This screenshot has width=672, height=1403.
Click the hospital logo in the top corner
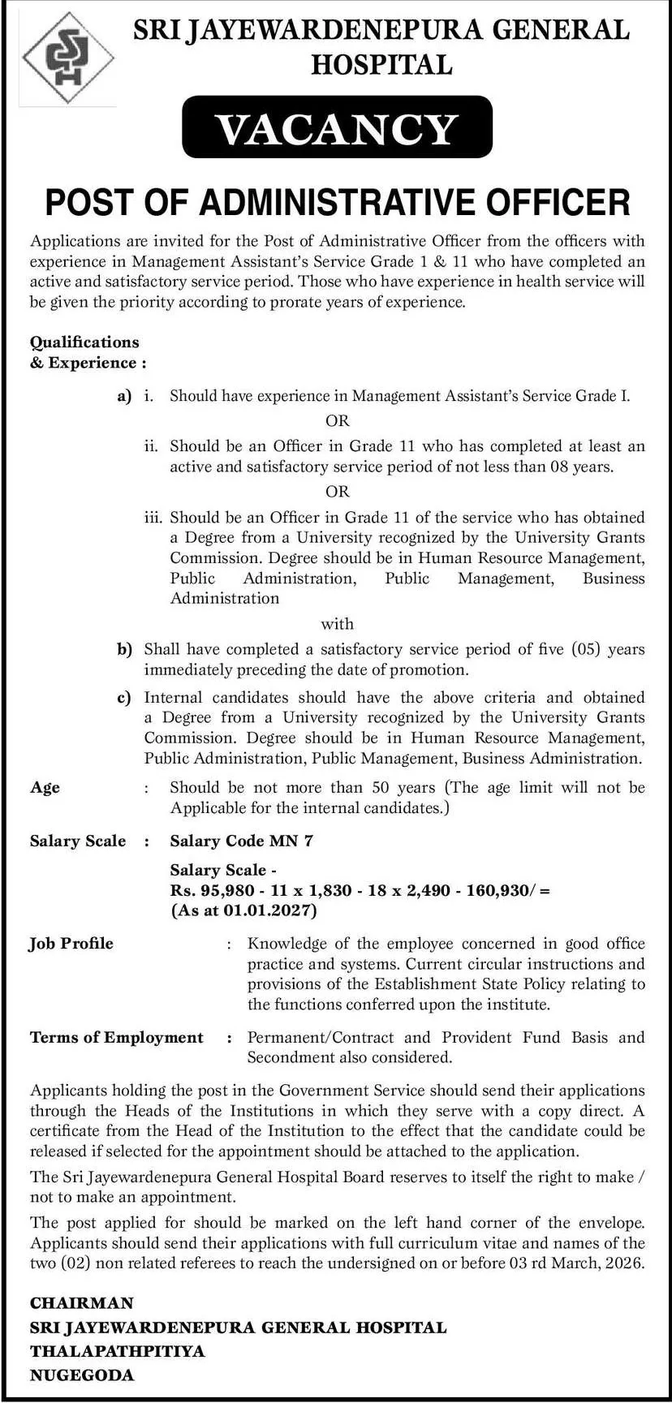click(x=68, y=58)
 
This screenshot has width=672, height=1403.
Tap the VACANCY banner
click(x=337, y=127)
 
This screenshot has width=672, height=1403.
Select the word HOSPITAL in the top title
click(x=381, y=65)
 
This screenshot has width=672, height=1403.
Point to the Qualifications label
click(x=84, y=342)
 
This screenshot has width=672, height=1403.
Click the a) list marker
click(x=123, y=396)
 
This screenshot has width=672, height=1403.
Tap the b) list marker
click(x=123, y=649)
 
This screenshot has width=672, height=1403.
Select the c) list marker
click(x=123, y=697)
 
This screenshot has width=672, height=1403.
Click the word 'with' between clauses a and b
click(x=337, y=624)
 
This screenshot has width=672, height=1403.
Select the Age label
click(x=45, y=788)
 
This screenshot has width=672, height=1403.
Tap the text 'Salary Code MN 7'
click(x=241, y=841)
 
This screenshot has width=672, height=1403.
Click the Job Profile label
click(x=71, y=944)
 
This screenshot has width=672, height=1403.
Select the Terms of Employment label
click(x=117, y=1038)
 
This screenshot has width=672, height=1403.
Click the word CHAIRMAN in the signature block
click(x=82, y=1303)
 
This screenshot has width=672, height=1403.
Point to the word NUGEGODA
click(x=82, y=1375)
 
